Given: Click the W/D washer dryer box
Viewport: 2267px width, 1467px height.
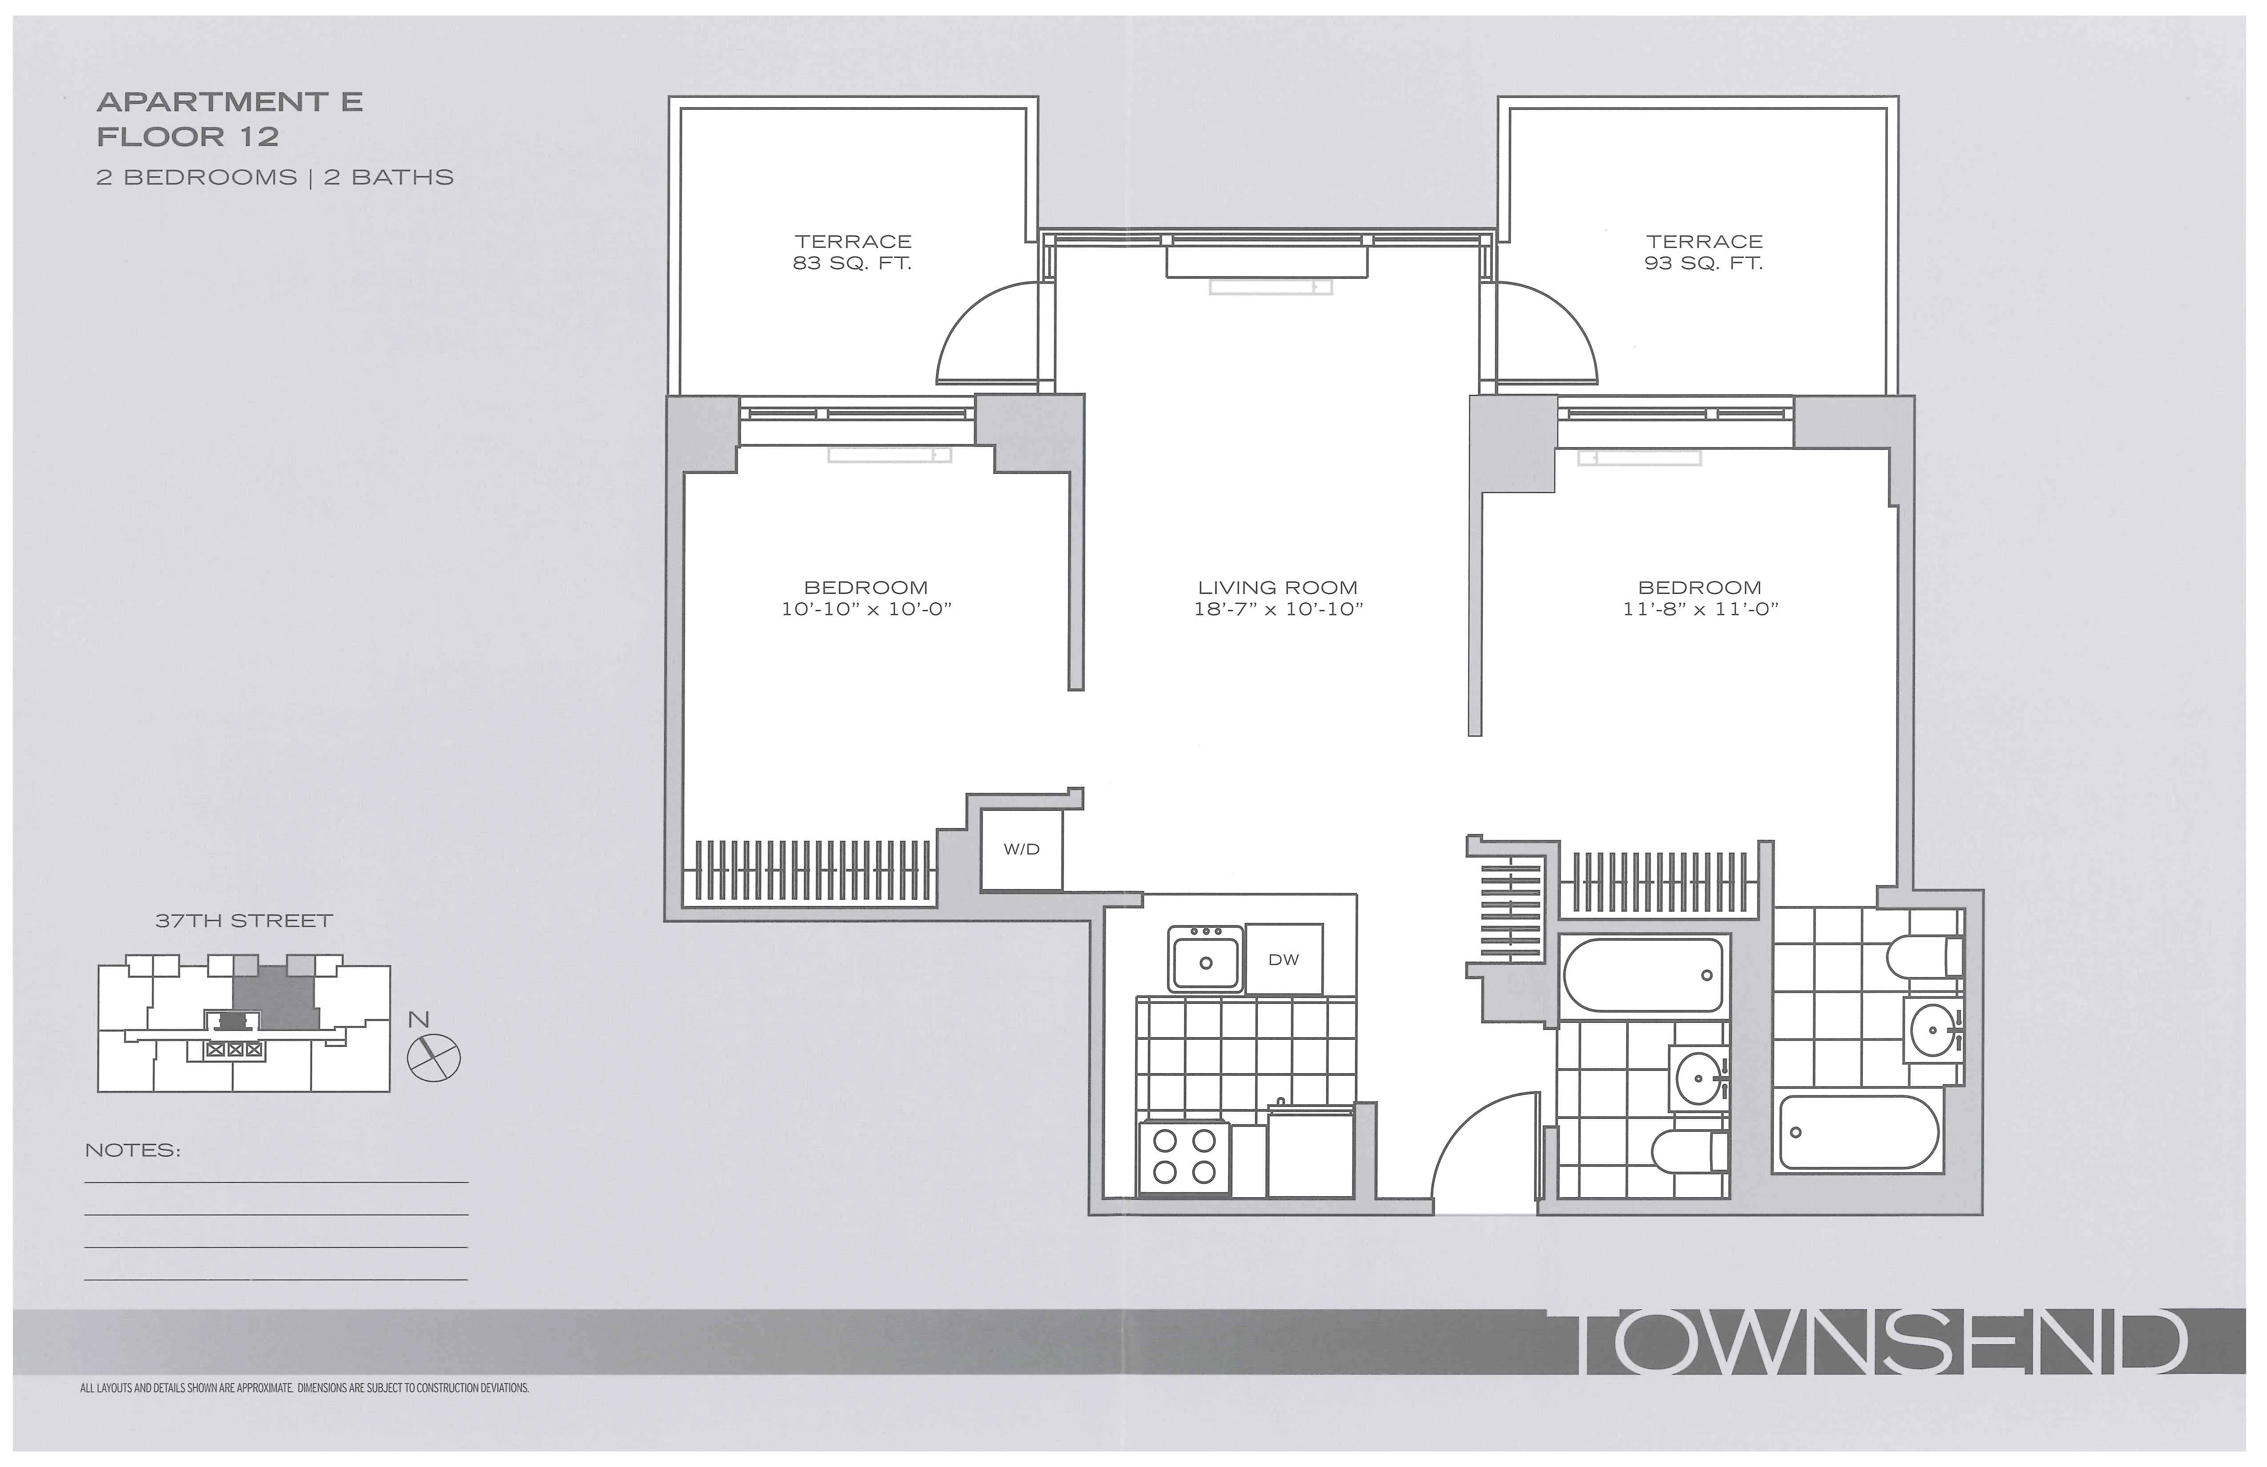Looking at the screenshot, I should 1021,850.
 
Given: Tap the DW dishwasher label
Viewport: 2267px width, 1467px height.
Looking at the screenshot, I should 1283,960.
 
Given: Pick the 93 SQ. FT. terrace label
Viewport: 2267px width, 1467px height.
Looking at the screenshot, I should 1704,264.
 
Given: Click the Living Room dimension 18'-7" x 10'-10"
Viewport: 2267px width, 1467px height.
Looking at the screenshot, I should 1278,609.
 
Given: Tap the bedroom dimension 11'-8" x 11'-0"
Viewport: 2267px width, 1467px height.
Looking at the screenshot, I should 1700,609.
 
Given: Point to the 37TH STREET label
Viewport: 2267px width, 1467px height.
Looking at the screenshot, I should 244,921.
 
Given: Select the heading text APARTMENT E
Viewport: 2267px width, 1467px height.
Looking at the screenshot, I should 229,102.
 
